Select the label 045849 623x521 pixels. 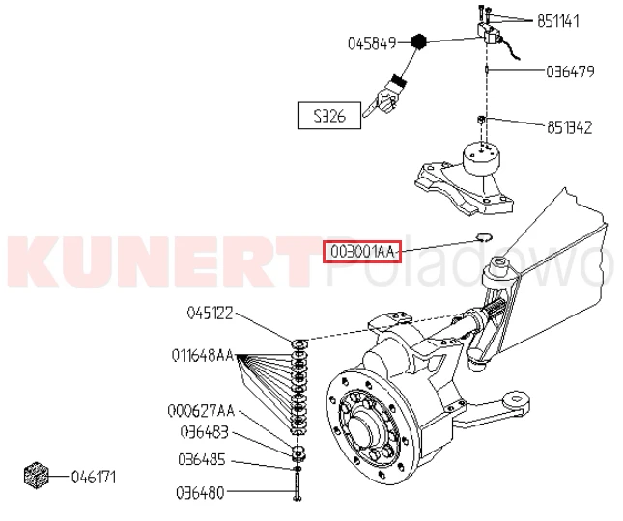point(372,43)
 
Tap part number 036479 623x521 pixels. point(570,71)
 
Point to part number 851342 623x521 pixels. point(569,127)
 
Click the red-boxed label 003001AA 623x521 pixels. point(360,251)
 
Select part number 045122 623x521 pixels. point(211,313)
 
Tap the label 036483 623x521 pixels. point(203,433)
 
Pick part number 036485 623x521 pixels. point(203,458)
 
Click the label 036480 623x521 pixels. point(201,493)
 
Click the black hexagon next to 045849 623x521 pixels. point(418,41)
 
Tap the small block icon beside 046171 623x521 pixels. point(37,476)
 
